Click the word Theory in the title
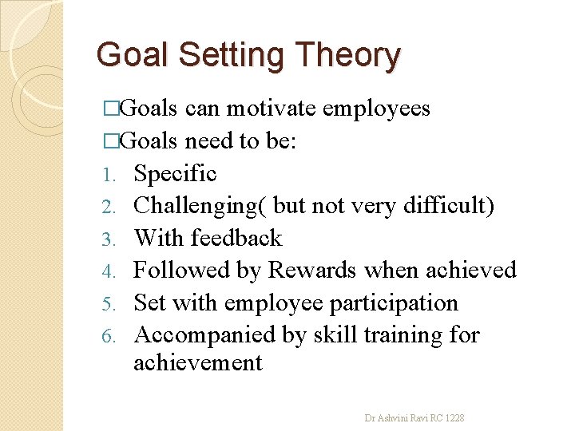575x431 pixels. coord(347,56)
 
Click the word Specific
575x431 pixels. coord(175,173)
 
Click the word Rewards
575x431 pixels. coord(312,271)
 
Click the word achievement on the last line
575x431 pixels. coord(197,363)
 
